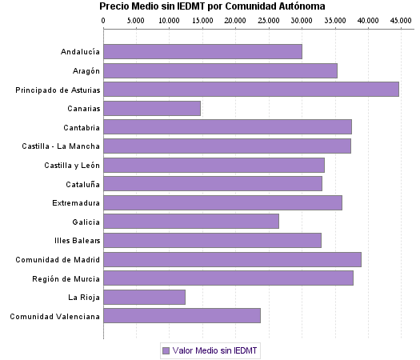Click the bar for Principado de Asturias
(251, 90)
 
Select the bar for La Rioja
(145, 298)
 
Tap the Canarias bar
(152, 108)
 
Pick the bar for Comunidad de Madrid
(232, 259)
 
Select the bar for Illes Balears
(213, 240)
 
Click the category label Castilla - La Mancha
(61, 146)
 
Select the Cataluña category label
(81, 184)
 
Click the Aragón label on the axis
(85, 70)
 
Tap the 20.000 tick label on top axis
(235, 18)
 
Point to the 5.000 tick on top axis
(137, 18)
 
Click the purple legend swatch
(166, 350)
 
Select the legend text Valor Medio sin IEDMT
(214, 350)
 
